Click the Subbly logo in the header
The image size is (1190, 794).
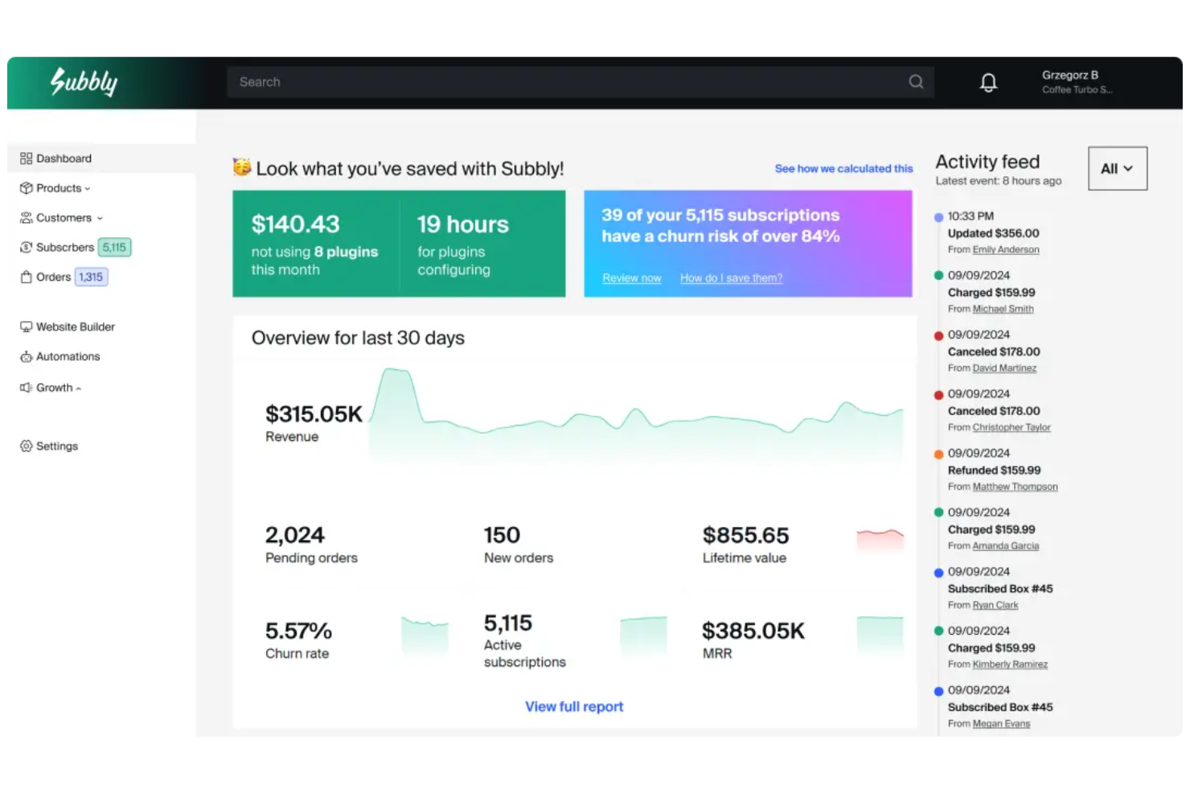point(84,81)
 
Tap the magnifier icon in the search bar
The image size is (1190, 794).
point(916,82)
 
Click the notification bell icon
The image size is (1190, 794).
point(988,82)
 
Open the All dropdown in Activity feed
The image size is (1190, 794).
point(1117,168)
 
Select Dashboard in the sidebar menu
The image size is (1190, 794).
point(64,158)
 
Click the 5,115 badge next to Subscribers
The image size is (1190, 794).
point(114,247)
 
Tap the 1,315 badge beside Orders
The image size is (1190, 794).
point(91,277)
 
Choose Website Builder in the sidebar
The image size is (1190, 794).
point(75,327)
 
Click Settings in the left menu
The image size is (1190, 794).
point(56,446)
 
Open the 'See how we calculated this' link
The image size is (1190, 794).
point(843,168)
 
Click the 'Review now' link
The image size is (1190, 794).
point(632,278)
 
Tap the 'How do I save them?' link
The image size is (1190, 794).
point(731,278)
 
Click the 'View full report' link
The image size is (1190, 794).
point(574,706)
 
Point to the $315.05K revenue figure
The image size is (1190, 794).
point(314,414)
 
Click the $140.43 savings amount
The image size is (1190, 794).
point(295,224)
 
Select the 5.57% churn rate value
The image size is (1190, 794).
point(298,631)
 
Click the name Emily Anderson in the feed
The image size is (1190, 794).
point(1006,249)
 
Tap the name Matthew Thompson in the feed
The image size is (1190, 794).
point(1015,487)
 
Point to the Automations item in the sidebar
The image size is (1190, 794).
point(68,356)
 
